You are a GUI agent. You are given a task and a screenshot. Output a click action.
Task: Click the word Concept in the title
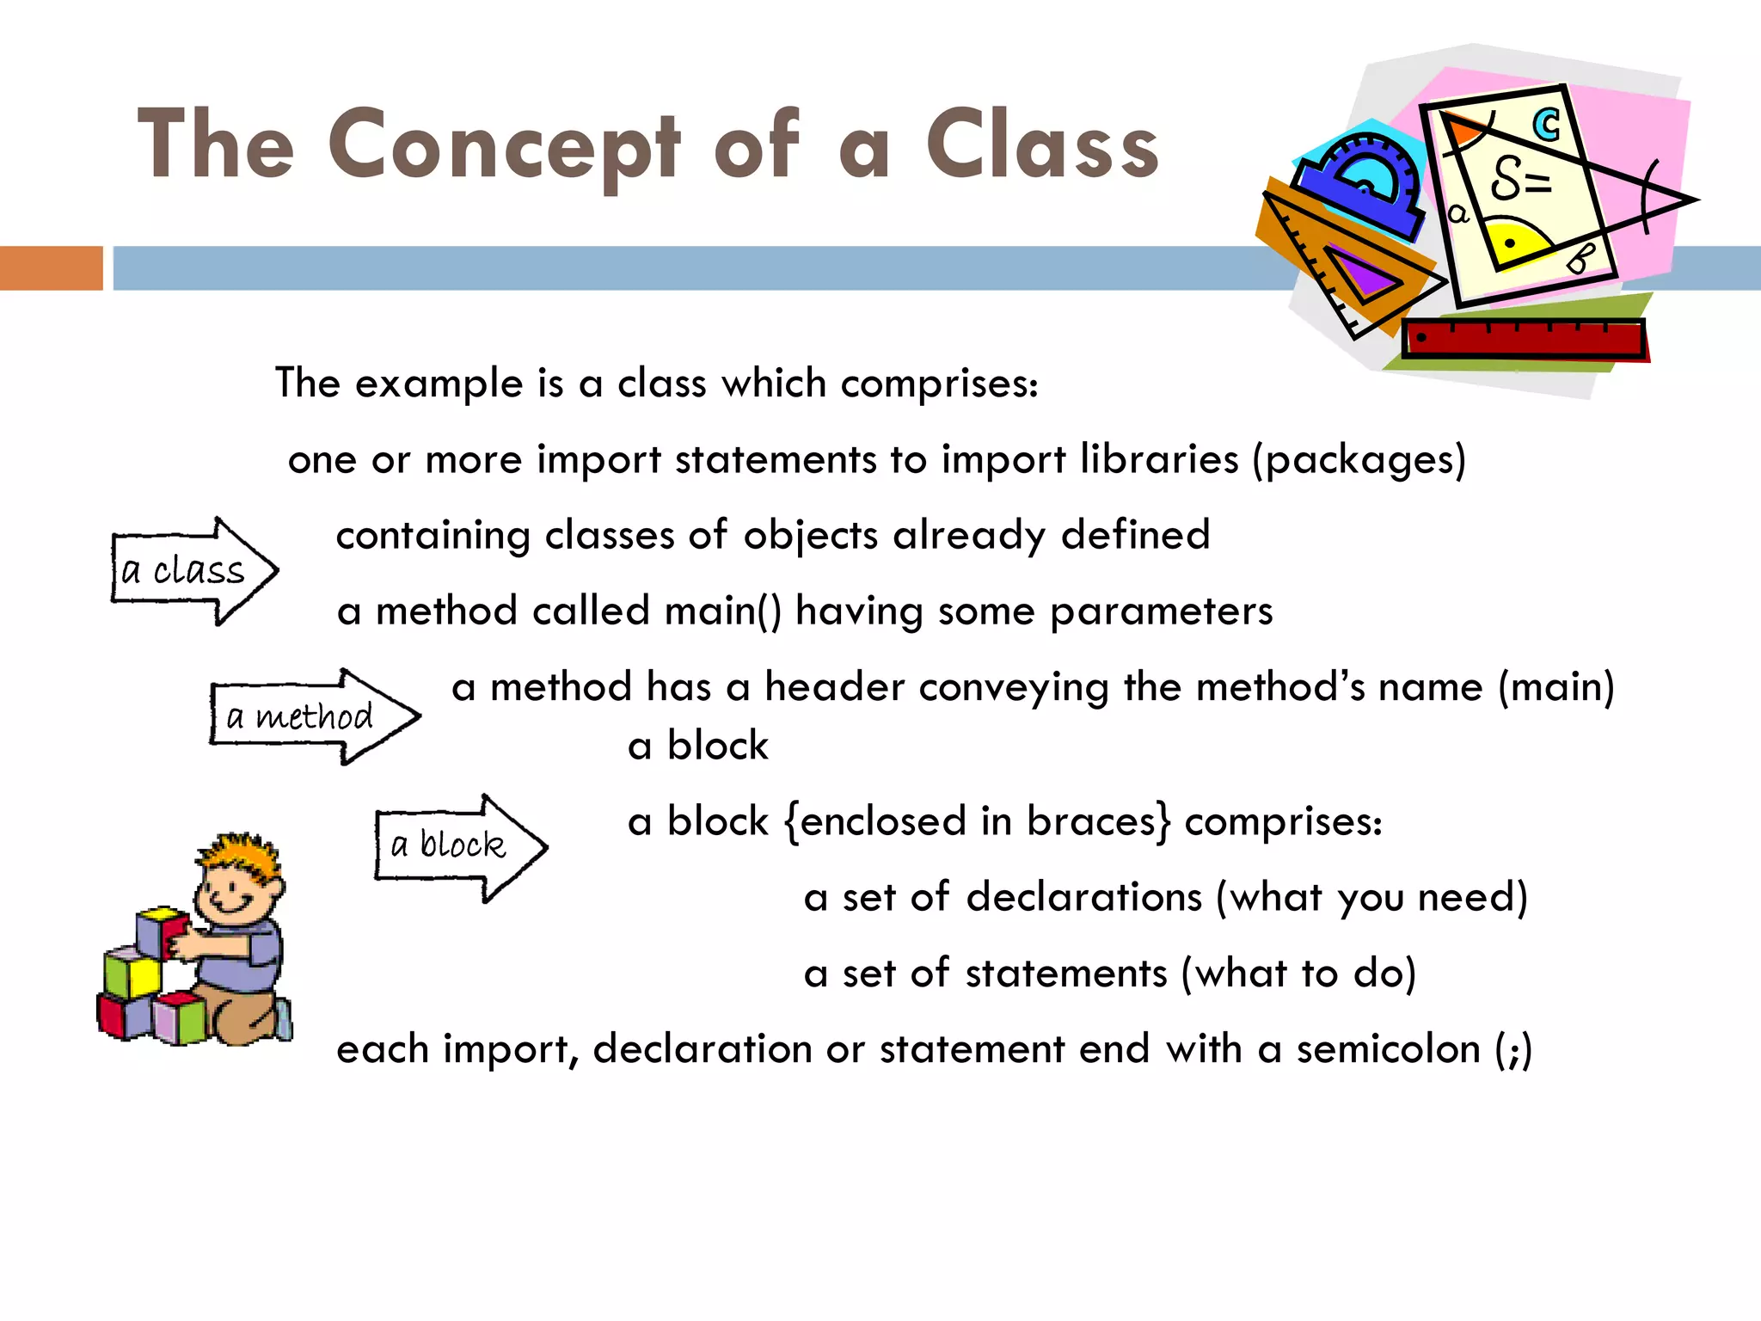point(505,146)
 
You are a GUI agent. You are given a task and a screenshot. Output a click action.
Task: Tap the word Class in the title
point(1042,146)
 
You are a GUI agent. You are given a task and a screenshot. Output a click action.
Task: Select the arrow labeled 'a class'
point(194,571)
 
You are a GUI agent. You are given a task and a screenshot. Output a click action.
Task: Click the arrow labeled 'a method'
point(313,716)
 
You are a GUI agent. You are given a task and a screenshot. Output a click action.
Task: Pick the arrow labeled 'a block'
point(459,846)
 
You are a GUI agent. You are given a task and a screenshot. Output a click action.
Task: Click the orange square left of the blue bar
point(51,267)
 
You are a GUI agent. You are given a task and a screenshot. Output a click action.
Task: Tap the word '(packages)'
point(1359,460)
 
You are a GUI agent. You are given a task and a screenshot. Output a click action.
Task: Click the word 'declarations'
point(1083,897)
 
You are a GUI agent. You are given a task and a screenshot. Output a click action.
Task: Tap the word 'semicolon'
point(1388,1049)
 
